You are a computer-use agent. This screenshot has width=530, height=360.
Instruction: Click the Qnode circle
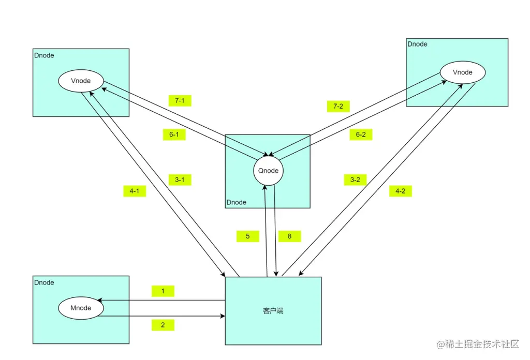coord(269,171)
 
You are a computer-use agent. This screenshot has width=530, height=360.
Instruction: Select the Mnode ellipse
coord(81,308)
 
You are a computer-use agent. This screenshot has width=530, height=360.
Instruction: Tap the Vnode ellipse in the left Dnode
coord(81,81)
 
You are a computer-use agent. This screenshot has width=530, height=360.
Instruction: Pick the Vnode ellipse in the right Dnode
coord(462,72)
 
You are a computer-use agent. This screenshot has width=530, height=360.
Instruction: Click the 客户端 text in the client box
coord(273,311)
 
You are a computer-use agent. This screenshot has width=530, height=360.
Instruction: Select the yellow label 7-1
coord(180,100)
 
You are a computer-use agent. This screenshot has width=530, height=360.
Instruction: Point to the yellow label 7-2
coord(338,107)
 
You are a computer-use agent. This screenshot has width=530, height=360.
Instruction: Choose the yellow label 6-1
coord(174,134)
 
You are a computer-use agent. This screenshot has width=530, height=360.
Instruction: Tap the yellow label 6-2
coord(361,134)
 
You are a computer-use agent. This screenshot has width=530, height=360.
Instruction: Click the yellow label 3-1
coord(180,180)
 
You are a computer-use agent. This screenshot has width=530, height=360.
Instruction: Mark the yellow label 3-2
coord(355,180)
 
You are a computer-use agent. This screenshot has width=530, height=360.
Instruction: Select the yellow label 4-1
coord(135,191)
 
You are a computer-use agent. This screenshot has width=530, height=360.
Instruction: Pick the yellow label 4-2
coord(400,191)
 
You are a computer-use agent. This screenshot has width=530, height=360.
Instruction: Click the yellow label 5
coord(248,236)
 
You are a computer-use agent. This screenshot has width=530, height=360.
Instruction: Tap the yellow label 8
coord(289,236)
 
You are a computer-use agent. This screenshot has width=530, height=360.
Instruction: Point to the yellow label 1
coord(163,291)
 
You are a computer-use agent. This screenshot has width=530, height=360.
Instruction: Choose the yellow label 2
coord(163,325)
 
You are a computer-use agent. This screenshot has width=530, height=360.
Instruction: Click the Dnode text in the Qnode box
coord(237,202)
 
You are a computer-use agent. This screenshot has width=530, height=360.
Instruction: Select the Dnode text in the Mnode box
coord(44,283)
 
